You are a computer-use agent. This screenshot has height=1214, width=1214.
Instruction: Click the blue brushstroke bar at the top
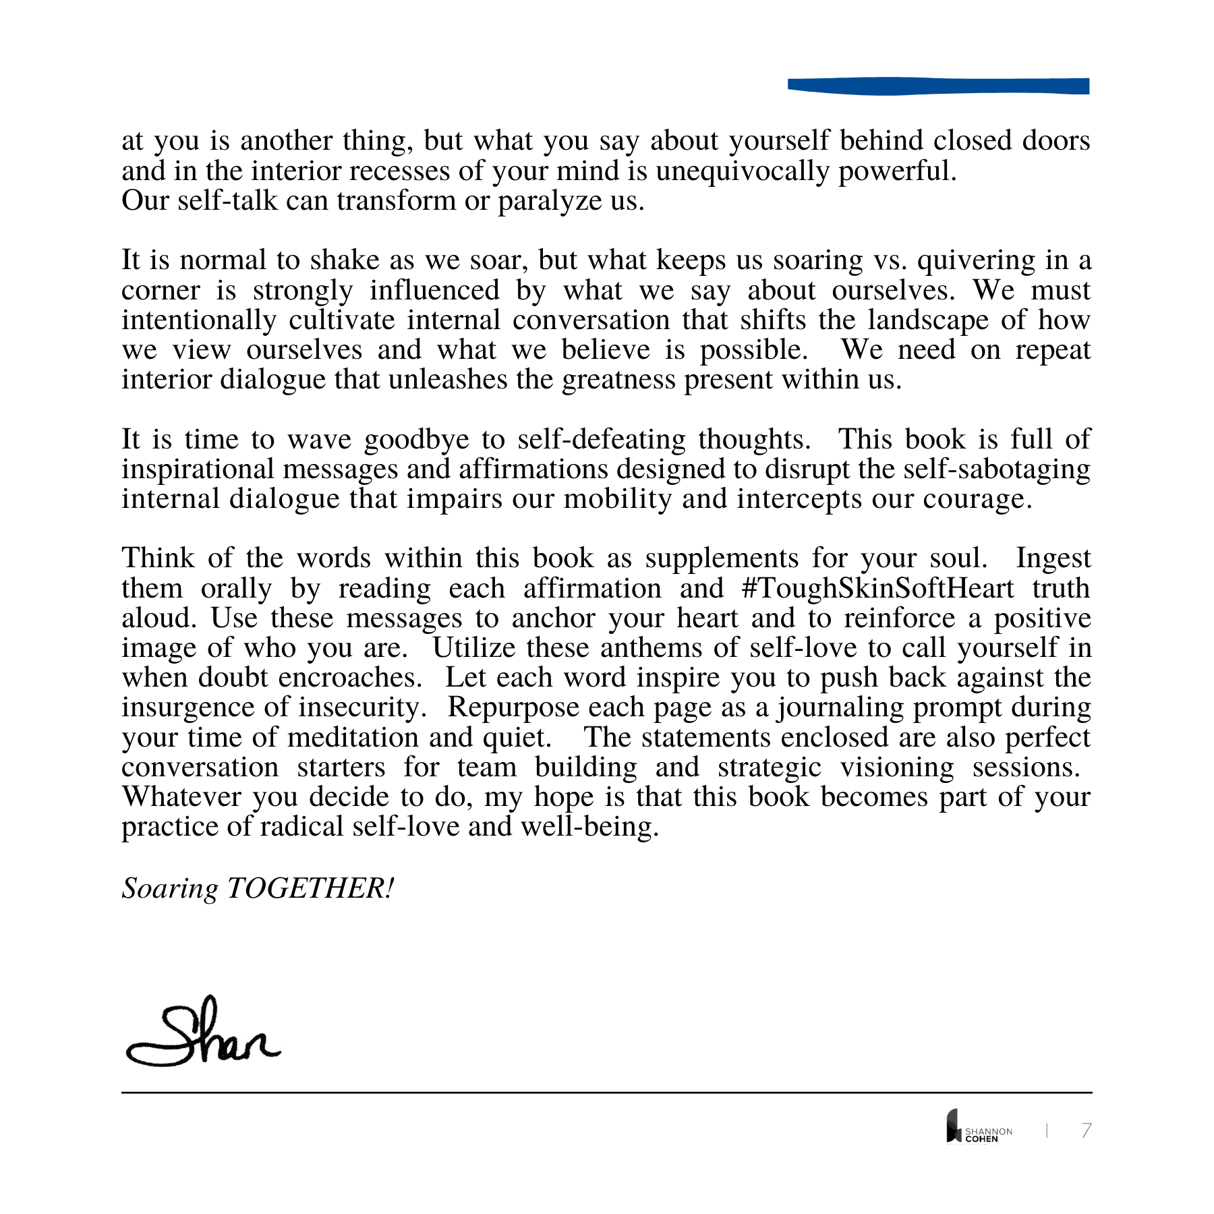pyautogui.click(x=938, y=86)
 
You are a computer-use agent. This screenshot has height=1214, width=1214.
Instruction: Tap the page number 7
pyautogui.click(x=1086, y=1130)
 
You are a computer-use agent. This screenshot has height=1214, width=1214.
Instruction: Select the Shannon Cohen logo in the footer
pyautogui.click(x=979, y=1127)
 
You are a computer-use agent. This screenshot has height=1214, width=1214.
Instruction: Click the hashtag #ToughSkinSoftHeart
pyautogui.click(x=877, y=588)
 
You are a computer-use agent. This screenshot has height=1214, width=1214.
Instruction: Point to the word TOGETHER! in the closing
pyautogui.click(x=310, y=888)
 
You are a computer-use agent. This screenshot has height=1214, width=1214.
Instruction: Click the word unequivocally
pyautogui.click(x=742, y=171)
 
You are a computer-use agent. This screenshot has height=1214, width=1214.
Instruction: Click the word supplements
pyautogui.click(x=722, y=559)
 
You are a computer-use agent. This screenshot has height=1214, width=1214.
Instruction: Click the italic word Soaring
pyautogui.click(x=170, y=889)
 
